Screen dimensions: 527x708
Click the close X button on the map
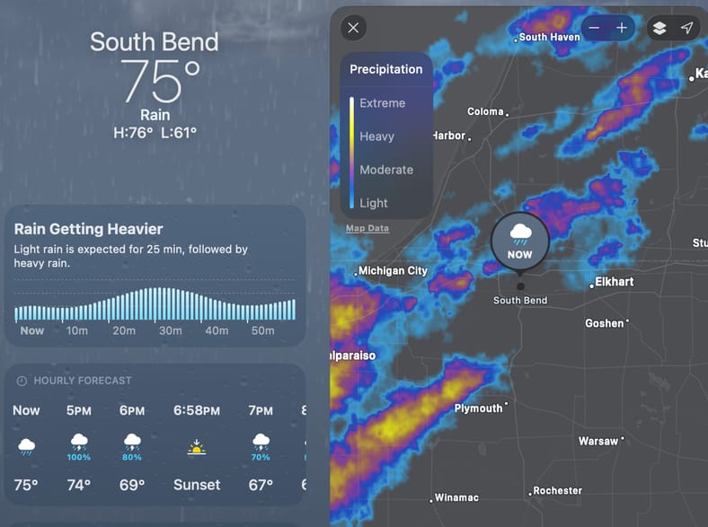pyautogui.click(x=353, y=28)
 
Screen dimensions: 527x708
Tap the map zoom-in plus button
pyautogui.click(x=622, y=28)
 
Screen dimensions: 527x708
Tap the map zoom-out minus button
pyautogui.click(x=595, y=28)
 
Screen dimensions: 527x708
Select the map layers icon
pyautogui.click(x=659, y=28)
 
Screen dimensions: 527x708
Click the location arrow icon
pyautogui.click(x=686, y=28)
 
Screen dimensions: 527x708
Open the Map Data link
pyautogui.click(x=367, y=228)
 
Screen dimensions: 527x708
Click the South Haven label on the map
pyautogui.click(x=549, y=37)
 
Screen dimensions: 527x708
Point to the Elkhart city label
pyautogui.click(x=615, y=282)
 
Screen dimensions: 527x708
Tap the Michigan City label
pyautogui.click(x=393, y=270)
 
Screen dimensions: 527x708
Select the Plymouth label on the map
pyautogui.click(x=479, y=408)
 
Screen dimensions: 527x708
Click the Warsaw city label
pyautogui.click(x=598, y=442)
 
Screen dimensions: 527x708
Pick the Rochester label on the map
pyautogui.click(x=557, y=491)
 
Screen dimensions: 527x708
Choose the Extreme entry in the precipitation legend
pyautogui.click(x=382, y=103)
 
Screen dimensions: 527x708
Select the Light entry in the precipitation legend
pyautogui.click(x=374, y=203)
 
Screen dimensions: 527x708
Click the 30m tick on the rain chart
pyautogui.click(x=170, y=331)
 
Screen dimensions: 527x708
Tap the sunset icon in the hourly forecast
pyautogui.click(x=197, y=445)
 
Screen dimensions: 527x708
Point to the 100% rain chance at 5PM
pyautogui.click(x=79, y=457)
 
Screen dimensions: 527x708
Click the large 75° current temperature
pyautogui.click(x=161, y=83)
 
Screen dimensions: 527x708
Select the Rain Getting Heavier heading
pyautogui.click(x=89, y=229)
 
